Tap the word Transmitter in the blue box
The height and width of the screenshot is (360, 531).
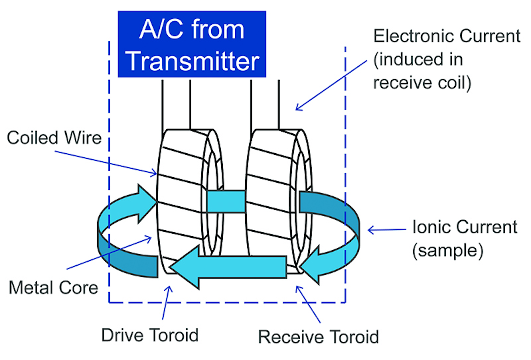[192, 61]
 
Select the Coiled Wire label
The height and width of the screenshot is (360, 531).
[54, 138]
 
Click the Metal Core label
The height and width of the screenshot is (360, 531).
[53, 288]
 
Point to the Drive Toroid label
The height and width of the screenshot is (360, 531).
[150, 335]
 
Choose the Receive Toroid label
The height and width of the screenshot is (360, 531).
[318, 337]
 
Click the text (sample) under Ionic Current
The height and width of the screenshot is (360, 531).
[447, 251]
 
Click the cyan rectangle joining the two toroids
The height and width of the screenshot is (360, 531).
[226, 201]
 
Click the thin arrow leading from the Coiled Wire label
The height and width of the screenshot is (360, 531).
[107, 162]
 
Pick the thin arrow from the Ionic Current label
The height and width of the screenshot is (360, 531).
[387, 230]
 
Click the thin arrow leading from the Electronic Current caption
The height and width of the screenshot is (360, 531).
[332, 85]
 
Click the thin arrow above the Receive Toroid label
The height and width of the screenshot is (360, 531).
[308, 304]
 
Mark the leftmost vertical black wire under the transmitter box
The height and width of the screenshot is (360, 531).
[162, 105]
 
